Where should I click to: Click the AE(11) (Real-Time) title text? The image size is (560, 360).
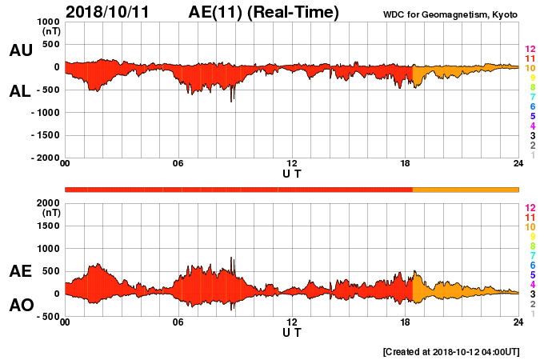point(264,12)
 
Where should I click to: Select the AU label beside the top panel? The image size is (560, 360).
point(21,50)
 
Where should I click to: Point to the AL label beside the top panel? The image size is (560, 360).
point(21,91)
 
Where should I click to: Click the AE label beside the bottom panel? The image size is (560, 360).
point(21,272)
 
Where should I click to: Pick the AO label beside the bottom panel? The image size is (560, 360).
point(21,306)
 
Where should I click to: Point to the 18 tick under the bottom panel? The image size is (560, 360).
point(405,322)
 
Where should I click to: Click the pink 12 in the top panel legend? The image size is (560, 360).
point(530,50)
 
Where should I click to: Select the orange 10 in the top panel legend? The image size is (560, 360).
point(530,69)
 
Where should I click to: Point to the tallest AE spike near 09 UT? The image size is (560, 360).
point(232,259)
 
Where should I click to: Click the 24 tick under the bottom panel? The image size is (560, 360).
point(518,322)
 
